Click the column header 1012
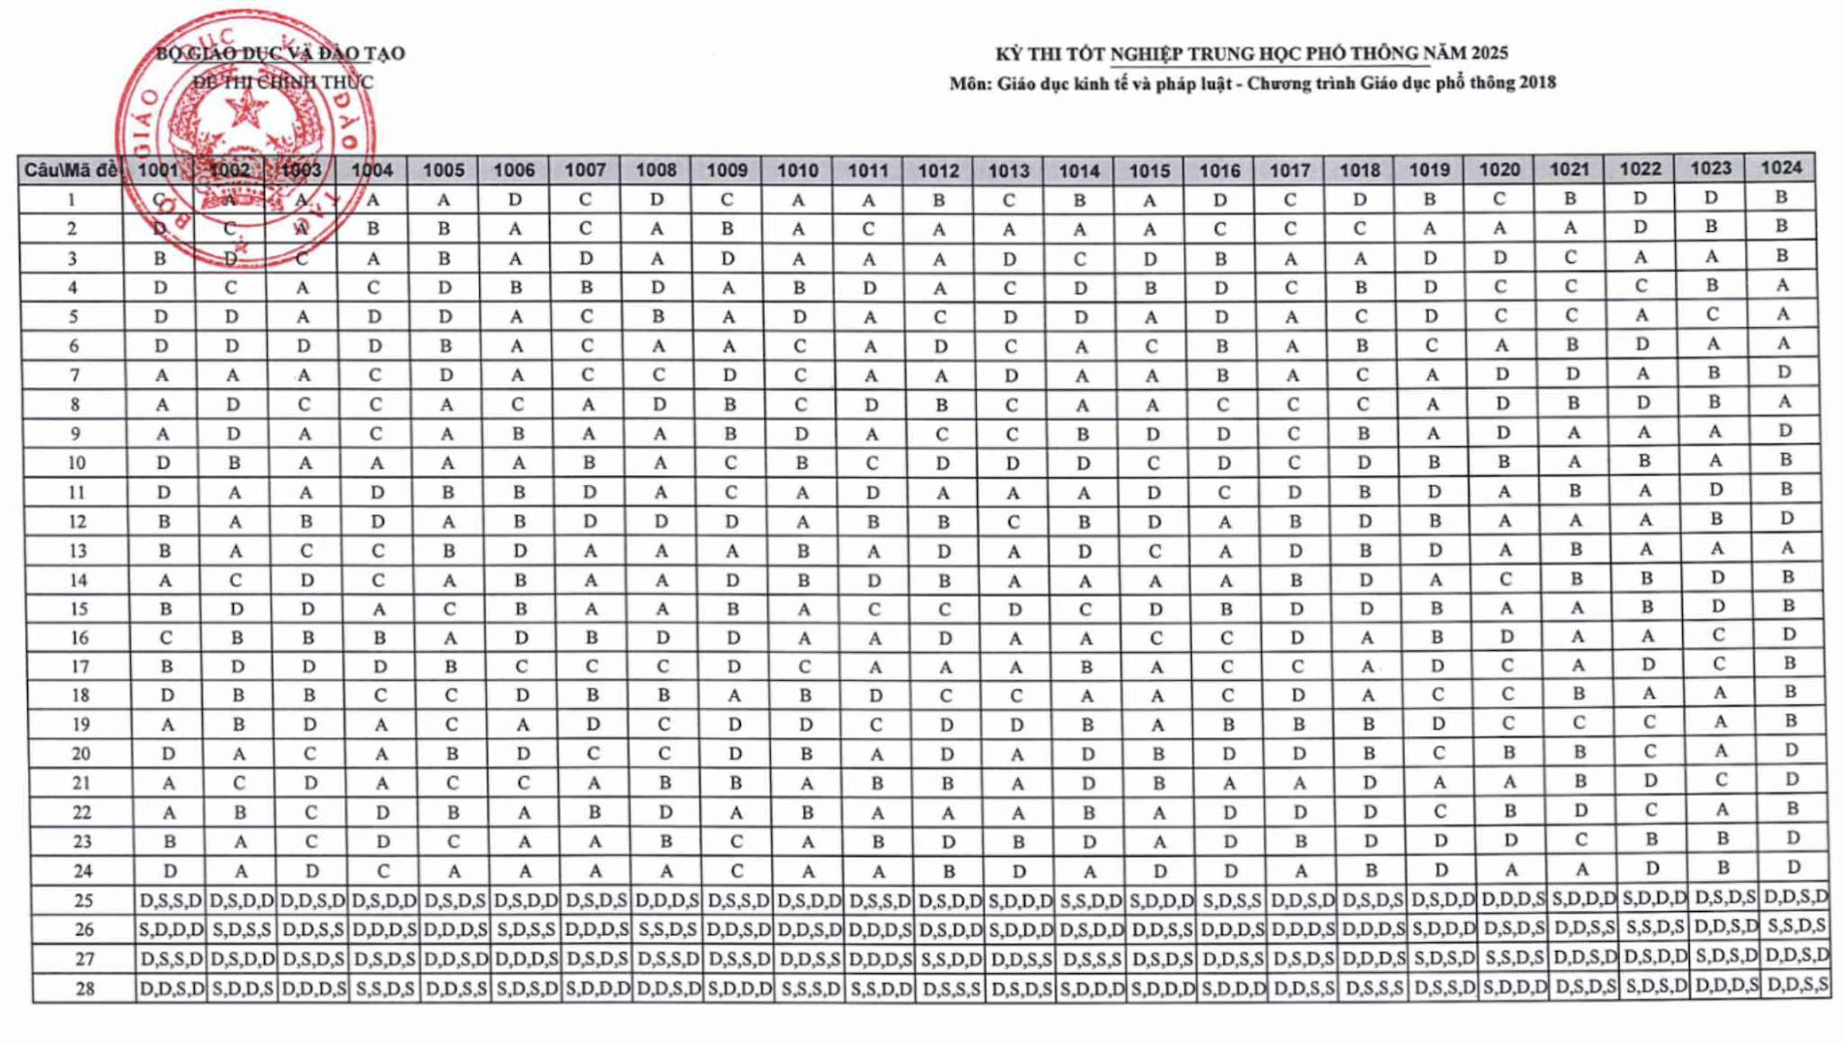938,171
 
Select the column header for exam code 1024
1781,168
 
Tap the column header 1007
585,171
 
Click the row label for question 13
78,550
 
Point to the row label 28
84,988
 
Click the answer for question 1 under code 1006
515,200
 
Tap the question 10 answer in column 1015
1152,463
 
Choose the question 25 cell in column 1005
456,900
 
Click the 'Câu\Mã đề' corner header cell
71,171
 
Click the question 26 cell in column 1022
1654,928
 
